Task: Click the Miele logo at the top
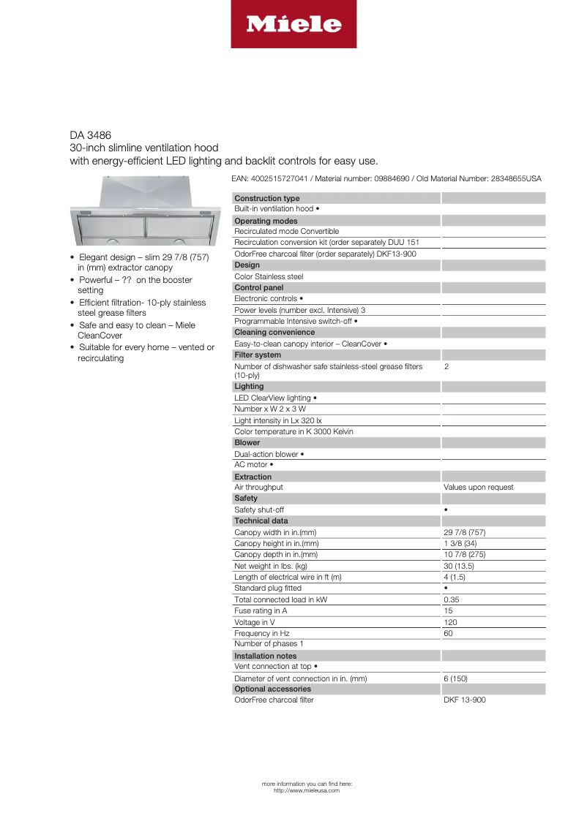(293, 24)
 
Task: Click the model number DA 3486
(86, 135)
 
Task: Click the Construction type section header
(266, 198)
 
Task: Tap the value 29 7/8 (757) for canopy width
(464, 532)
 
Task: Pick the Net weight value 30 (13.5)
(459, 566)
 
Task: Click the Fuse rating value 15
(448, 610)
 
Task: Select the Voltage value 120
(450, 622)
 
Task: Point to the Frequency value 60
(448, 633)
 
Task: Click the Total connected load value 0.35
(452, 599)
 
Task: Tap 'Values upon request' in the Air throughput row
(478, 487)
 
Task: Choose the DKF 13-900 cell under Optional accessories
(464, 700)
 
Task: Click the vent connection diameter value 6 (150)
(455, 678)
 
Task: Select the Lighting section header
(249, 386)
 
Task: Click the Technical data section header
(261, 521)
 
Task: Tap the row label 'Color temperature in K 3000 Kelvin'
(293, 431)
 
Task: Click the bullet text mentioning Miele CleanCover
(136, 330)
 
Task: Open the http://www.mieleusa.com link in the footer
(306, 790)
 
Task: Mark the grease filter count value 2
(446, 366)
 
